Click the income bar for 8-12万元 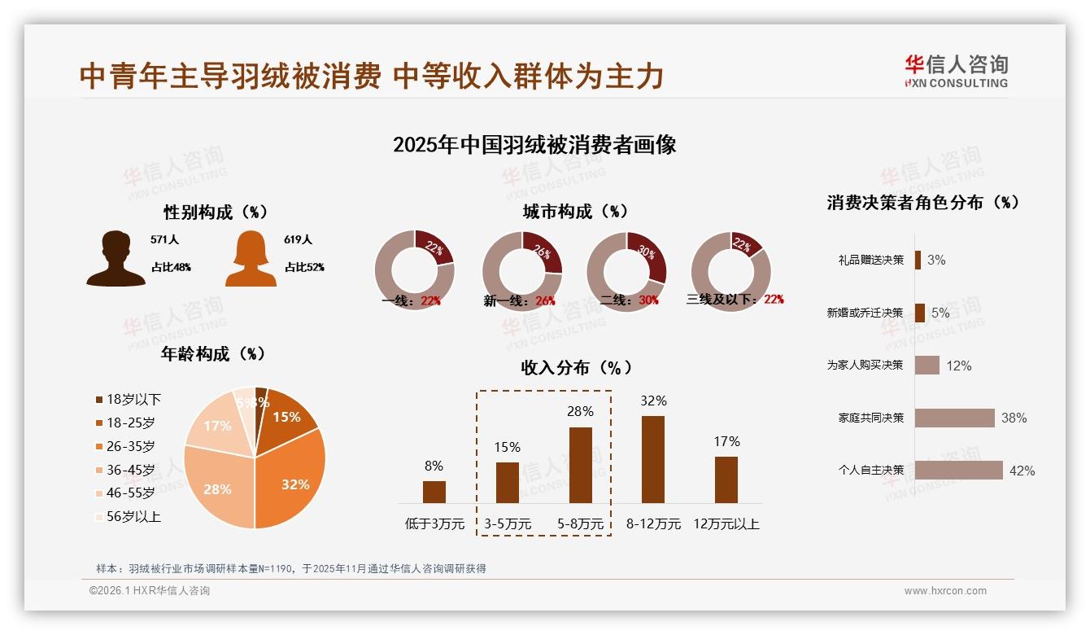pyautogui.click(x=653, y=459)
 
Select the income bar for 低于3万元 pyautogui.click(x=434, y=492)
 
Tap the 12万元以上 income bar pyautogui.click(x=726, y=480)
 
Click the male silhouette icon pyautogui.click(x=116, y=258)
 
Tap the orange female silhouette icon pyautogui.click(x=251, y=258)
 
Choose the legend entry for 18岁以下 pyautogui.click(x=129, y=399)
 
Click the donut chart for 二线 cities pyautogui.click(x=626, y=271)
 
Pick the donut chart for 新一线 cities pyautogui.click(x=522, y=271)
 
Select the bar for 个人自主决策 pyautogui.click(x=959, y=470)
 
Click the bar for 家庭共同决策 pyautogui.click(x=955, y=418)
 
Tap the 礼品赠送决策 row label pyautogui.click(x=870, y=260)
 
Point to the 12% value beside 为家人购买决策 pyautogui.click(x=958, y=366)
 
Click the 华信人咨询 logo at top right pyautogui.click(x=956, y=71)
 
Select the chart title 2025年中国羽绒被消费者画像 pyautogui.click(x=534, y=145)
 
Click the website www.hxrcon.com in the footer pyautogui.click(x=945, y=591)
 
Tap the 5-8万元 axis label pyautogui.click(x=580, y=524)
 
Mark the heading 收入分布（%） pyautogui.click(x=577, y=367)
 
